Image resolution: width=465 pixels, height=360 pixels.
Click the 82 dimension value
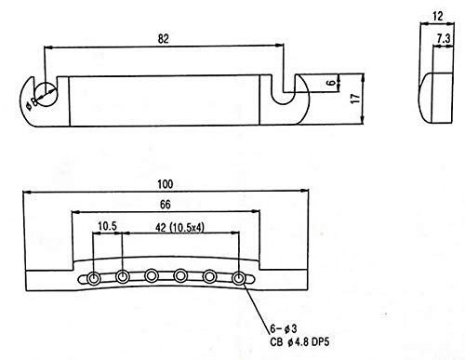pyautogui.click(x=164, y=39)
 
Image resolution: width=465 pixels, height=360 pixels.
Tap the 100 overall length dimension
pyautogui.click(x=165, y=184)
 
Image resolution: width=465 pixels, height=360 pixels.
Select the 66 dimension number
pyautogui.click(x=166, y=205)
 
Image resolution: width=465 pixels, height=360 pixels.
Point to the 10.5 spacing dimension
pyautogui.click(x=107, y=226)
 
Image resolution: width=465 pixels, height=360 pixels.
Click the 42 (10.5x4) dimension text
pyautogui.click(x=179, y=228)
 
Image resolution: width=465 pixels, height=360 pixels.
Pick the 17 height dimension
pyautogui.click(x=355, y=99)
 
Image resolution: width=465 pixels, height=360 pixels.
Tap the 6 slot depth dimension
pyautogui.click(x=331, y=83)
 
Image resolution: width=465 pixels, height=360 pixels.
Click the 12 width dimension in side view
pyautogui.click(x=438, y=16)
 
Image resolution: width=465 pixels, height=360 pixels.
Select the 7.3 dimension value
pyautogui.click(x=444, y=38)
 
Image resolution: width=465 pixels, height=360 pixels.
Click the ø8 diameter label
pyautogui.click(x=32, y=103)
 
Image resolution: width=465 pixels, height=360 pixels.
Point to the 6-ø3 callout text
pyautogui.click(x=284, y=328)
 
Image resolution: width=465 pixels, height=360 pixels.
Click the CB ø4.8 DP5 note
pyautogui.click(x=299, y=342)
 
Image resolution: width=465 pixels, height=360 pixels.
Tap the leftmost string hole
pyautogui.click(x=93, y=278)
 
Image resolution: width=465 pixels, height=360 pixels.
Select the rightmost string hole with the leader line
pyautogui.click(x=238, y=278)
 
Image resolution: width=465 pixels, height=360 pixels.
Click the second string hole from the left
pyautogui.click(x=123, y=276)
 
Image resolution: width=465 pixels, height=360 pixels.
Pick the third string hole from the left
pyautogui.click(x=152, y=275)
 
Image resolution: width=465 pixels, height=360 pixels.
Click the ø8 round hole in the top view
pyautogui.click(x=46, y=94)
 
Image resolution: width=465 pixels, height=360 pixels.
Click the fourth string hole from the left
pyautogui.click(x=180, y=275)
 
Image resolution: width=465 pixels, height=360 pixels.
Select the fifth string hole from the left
pyautogui.click(x=209, y=276)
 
